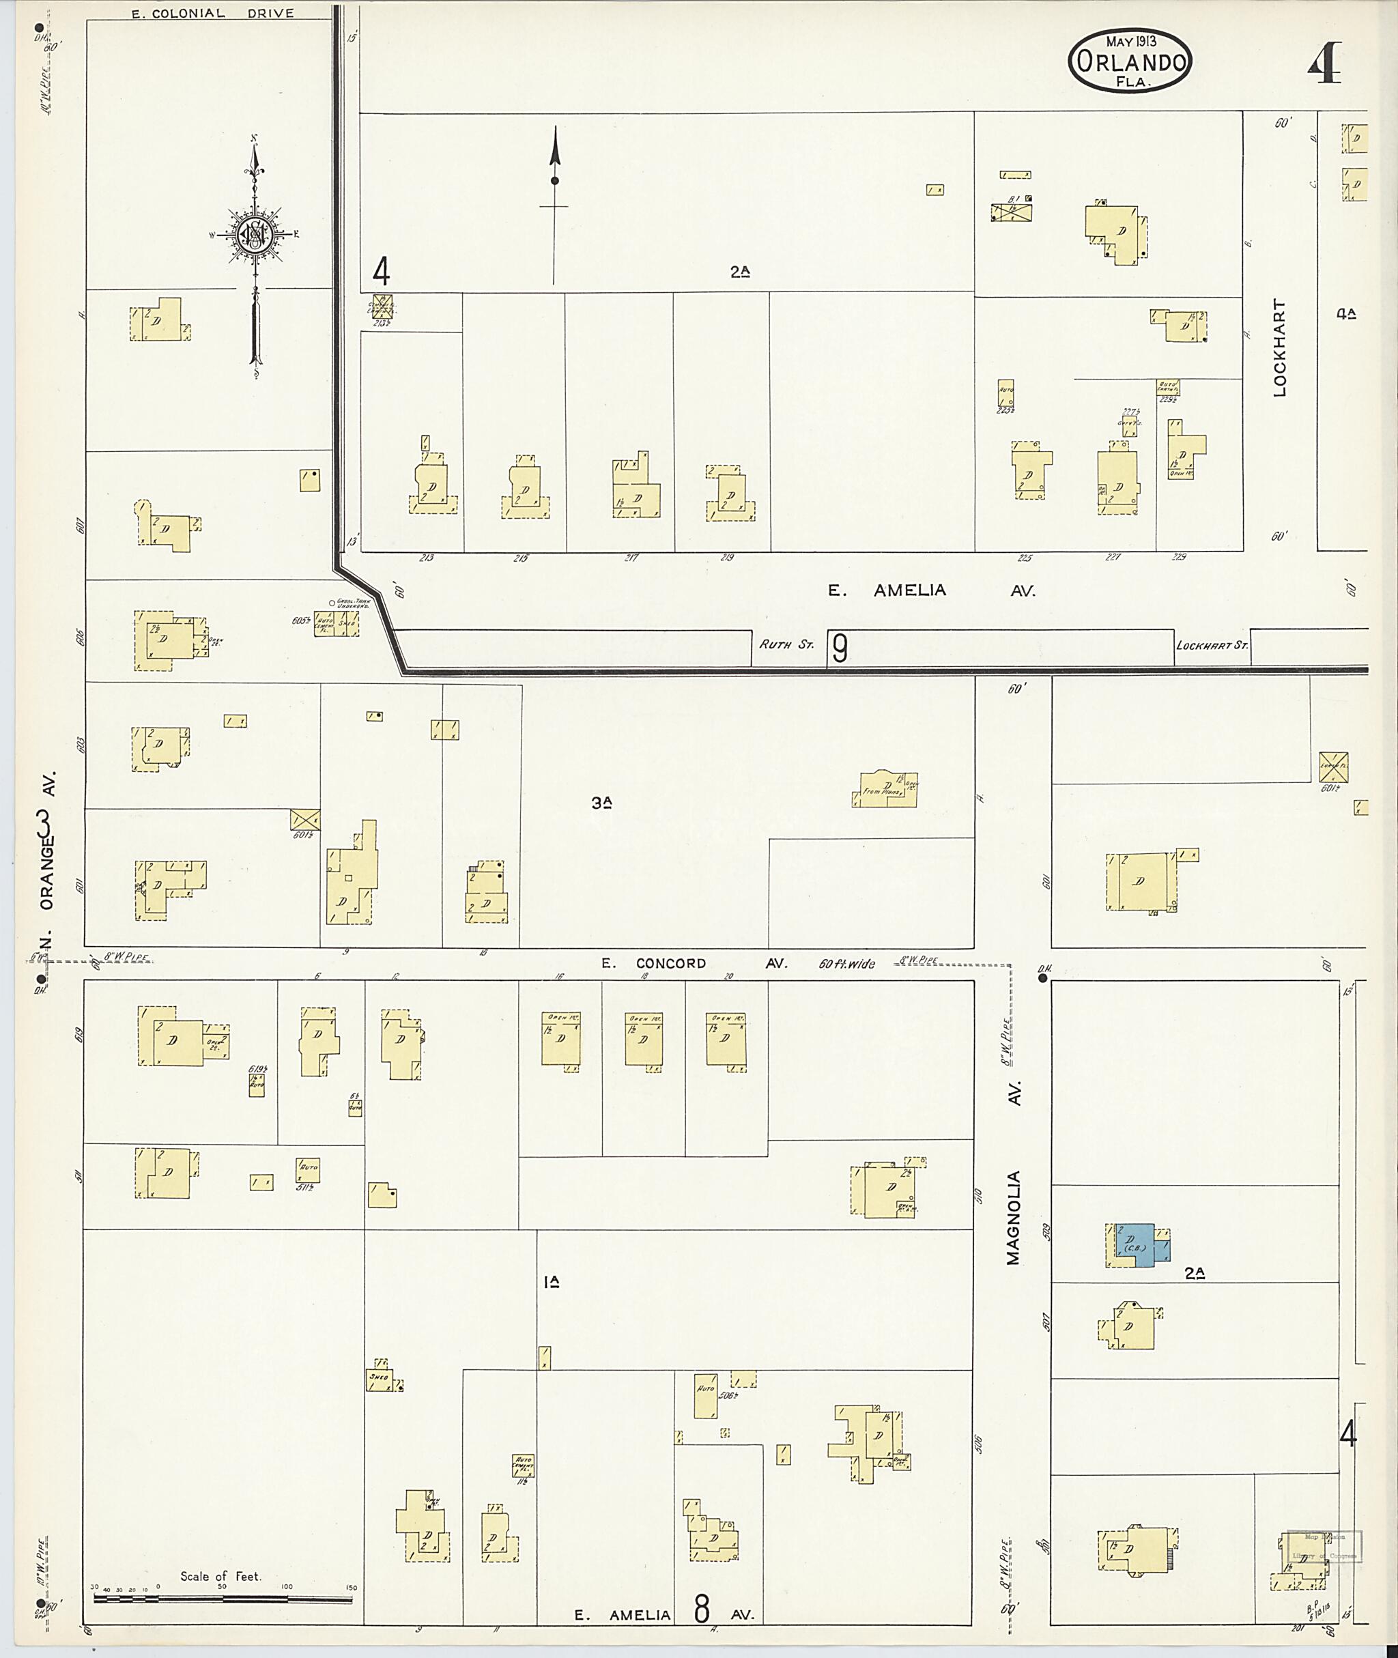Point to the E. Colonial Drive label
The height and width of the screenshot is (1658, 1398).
[x=212, y=13]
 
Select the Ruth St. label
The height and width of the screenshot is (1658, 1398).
[x=786, y=644]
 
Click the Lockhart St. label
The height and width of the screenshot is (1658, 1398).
[x=1211, y=645]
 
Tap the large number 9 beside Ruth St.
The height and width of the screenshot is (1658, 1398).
[x=838, y=648]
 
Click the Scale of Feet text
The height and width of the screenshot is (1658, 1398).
[x=220, y=1576]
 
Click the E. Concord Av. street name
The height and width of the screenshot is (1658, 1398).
[x=694, y=963]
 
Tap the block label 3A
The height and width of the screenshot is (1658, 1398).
[x=601, y=802]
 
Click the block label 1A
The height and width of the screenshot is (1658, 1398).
[x=552, y=1281]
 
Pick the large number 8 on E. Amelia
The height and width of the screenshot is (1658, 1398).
[x=701, y=1609]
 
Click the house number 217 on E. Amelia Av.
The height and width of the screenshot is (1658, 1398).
[x=631, y=558]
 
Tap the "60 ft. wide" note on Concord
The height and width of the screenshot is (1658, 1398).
[x=846, y=964]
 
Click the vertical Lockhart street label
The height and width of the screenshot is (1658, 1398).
[x=1279, y=347]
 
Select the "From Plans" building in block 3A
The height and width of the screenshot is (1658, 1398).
[x=886, y=789]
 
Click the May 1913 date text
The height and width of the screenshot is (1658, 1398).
[x=1131, y=41]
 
